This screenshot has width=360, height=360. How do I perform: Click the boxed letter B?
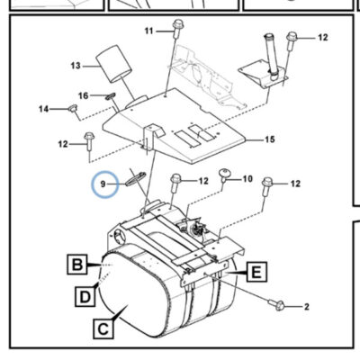pos(77,265)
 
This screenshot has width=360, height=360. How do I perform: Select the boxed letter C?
pos(103,329)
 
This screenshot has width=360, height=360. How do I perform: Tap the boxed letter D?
pos(85,297)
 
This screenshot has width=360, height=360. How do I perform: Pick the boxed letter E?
pos(256,272)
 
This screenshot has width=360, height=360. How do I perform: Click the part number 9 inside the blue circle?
pos(103,184)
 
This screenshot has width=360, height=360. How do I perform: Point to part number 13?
pos(76,66)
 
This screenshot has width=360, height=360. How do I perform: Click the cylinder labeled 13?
pos(114,64)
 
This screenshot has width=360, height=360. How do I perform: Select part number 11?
pos(149,31)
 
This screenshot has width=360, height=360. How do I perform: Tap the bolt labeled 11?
pos(178,29)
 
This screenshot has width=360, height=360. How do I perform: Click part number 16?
pos(84,95)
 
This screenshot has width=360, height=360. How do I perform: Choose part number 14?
pos(44,109)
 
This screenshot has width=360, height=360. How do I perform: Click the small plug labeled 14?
pos(73,108)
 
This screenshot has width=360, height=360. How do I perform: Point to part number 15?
pos(270,139)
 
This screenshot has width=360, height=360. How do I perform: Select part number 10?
pos(247,179)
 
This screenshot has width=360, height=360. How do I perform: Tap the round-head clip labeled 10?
pos(223,175)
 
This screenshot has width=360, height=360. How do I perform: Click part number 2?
pos(306,307)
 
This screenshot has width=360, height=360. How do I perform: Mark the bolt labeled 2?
pos(276,304)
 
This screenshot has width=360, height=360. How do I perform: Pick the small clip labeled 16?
pos(110,96)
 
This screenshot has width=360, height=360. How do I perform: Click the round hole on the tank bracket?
pos(120,236)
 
